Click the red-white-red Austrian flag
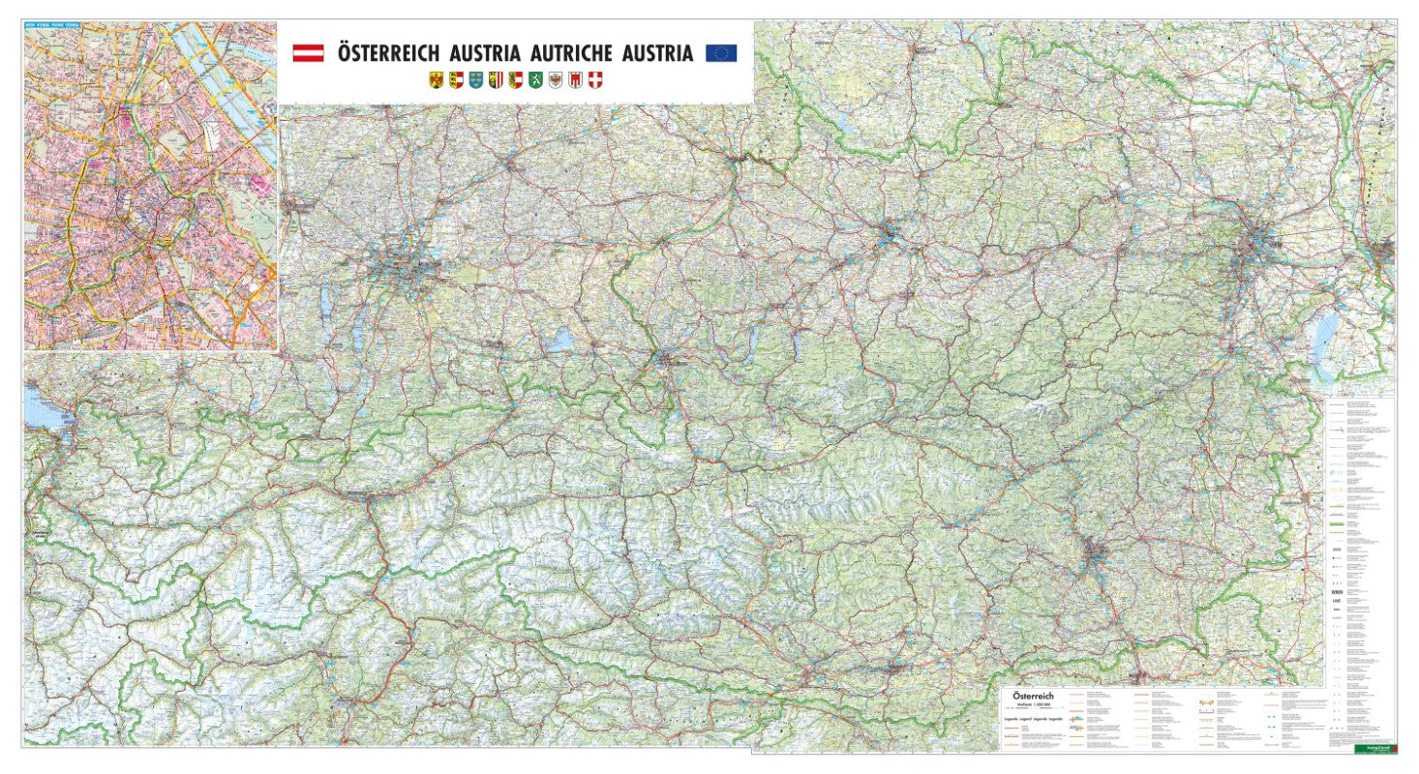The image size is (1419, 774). tap(308, 52)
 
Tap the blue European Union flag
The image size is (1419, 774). tap(721, 52)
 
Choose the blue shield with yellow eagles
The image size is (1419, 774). tap(474, 81)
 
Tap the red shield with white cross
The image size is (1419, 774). tap(595, 81)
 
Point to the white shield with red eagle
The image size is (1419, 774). tap(556, 81)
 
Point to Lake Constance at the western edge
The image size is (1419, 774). tap(37, 406)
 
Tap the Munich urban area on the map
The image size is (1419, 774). tap(407, 261)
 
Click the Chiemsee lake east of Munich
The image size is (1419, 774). tap(559, 340)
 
